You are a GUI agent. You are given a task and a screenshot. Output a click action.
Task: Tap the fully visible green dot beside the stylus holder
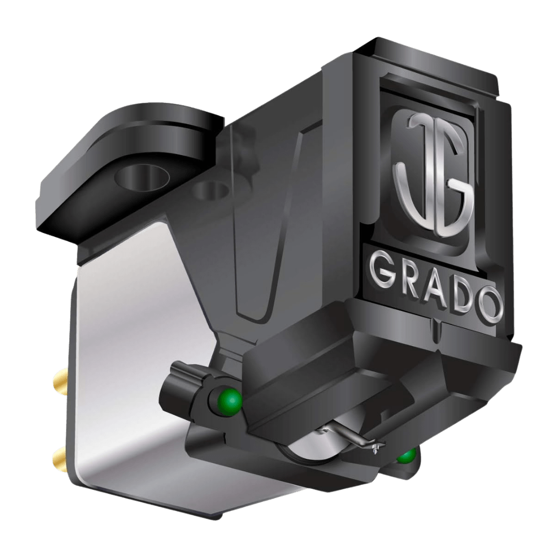pyautogui.click(x=229, y=399)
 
